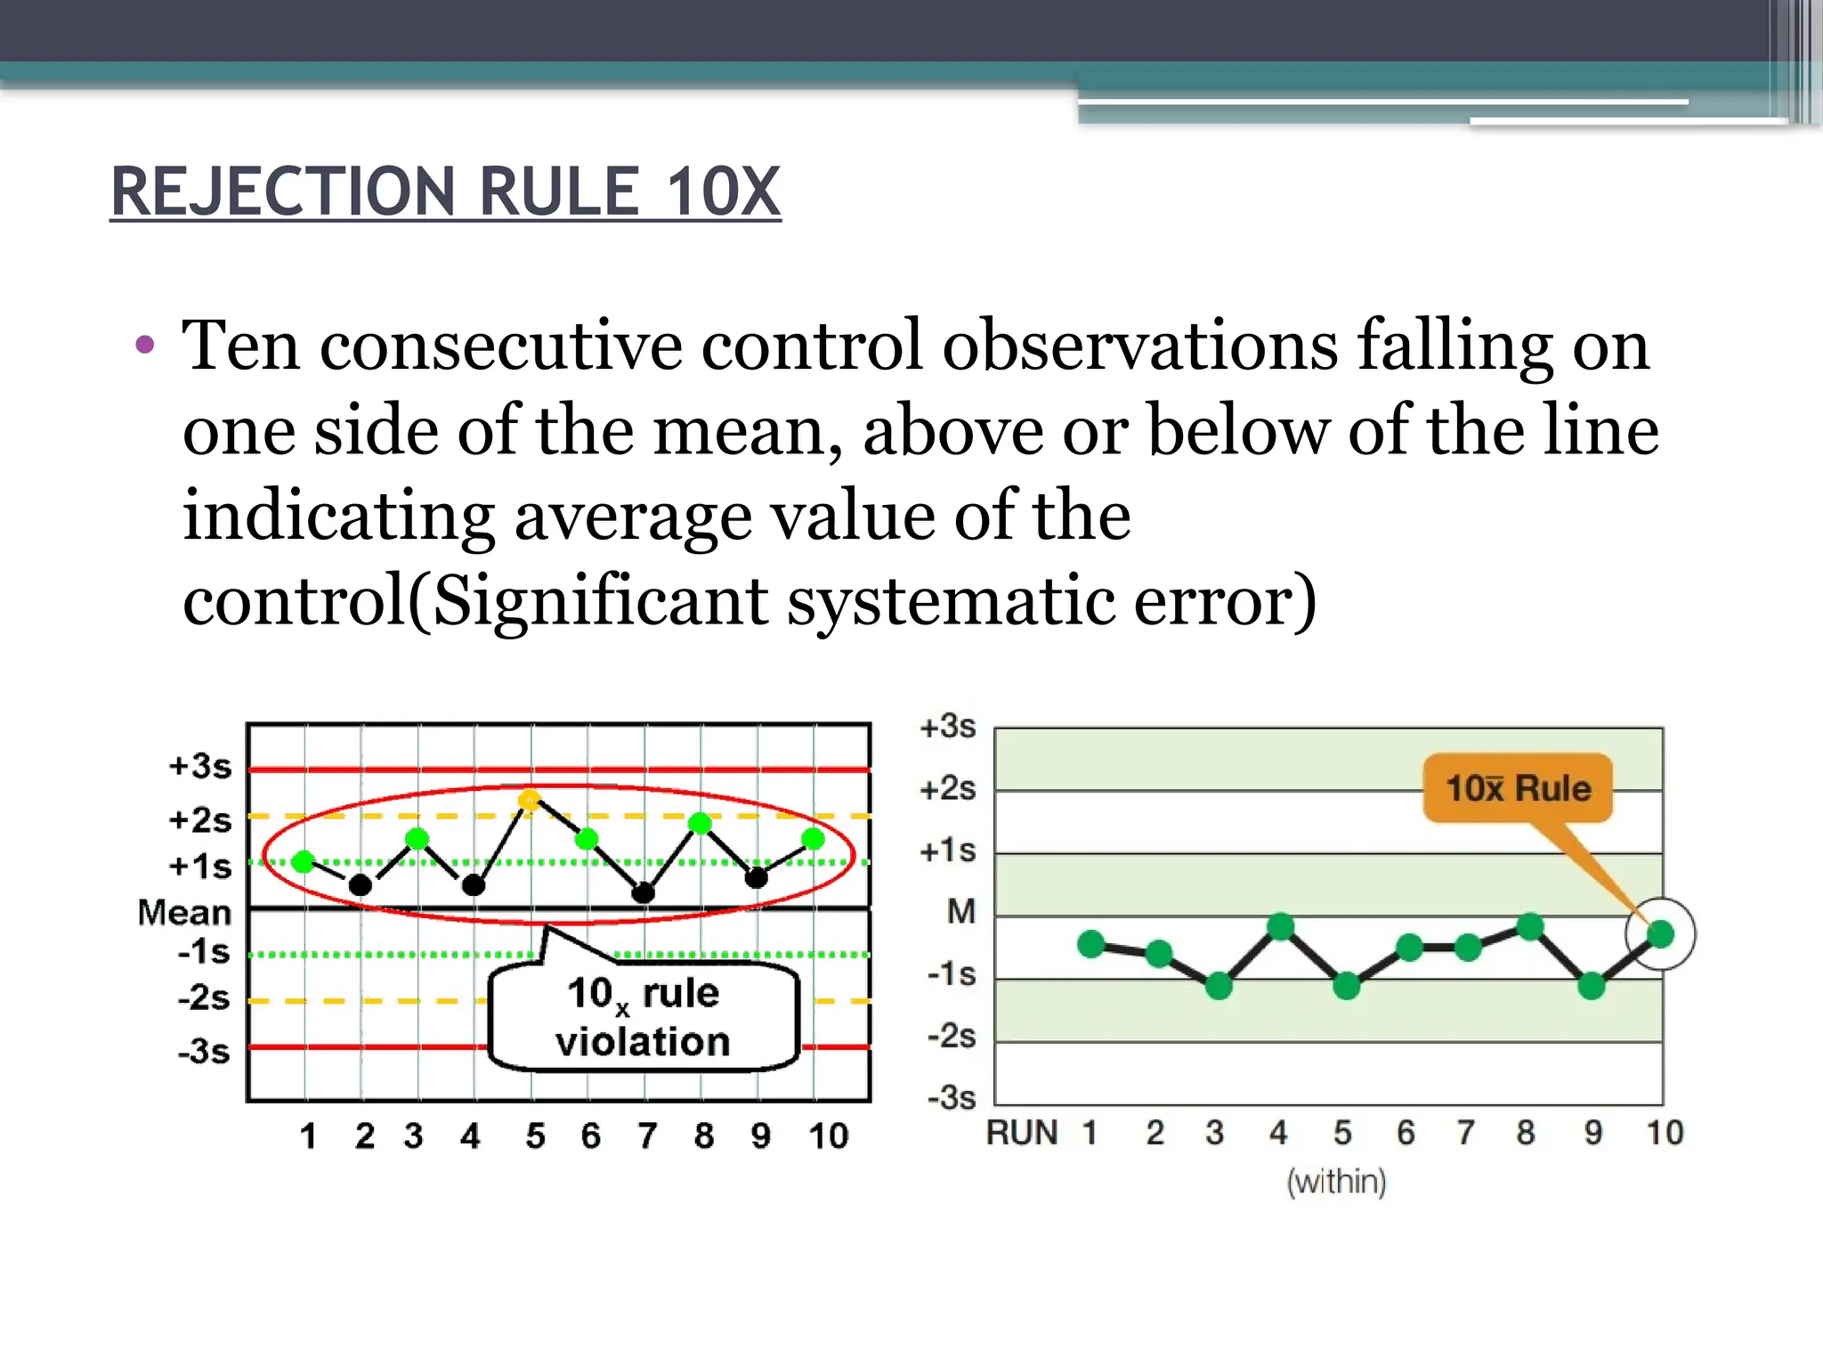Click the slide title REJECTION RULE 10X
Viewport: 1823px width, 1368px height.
pyautogui.click(x=445, y=191)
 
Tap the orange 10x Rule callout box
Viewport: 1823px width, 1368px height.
pyautogui.click(x=1518, y=788)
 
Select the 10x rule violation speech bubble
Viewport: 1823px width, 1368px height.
pyautogui.click(x=643, y=1017)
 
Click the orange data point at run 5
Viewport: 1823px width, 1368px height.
pyautogui.click(x=530, y=800)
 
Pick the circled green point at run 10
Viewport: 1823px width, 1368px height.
pyautogui.click(x=1660, y=933)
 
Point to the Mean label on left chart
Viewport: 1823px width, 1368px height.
pyautogui.click(x=184, y=912)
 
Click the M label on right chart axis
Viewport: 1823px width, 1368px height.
pyautogui.click(x=960, y=911)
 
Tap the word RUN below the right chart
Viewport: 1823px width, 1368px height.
pyautogui.click(x=1022, y=1133)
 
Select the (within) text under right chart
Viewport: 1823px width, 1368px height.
pyautogui.click(x=1336, y=1182)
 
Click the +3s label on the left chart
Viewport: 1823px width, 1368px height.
pyautogui.click(x=200, y=766)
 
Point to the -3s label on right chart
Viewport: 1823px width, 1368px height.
pyautogui.click(x=952, y=1097)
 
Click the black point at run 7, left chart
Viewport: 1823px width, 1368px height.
pyautogui.click(x=644, y=892)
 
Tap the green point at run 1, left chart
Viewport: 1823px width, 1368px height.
pyautogui.click(x=304, y=861)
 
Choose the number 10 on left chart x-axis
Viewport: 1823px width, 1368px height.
pyautogui.click(x=828, y=1136)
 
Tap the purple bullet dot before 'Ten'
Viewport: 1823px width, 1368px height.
pyautogui.click(x=145, y=345)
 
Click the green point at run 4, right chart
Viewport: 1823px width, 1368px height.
pyautogui.click(x=1280, y=927)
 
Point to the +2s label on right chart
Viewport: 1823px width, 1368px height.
pyautogui.click(x=948, y=789)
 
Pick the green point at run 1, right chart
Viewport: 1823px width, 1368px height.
pyautogui.click(x=1091, y=944)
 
